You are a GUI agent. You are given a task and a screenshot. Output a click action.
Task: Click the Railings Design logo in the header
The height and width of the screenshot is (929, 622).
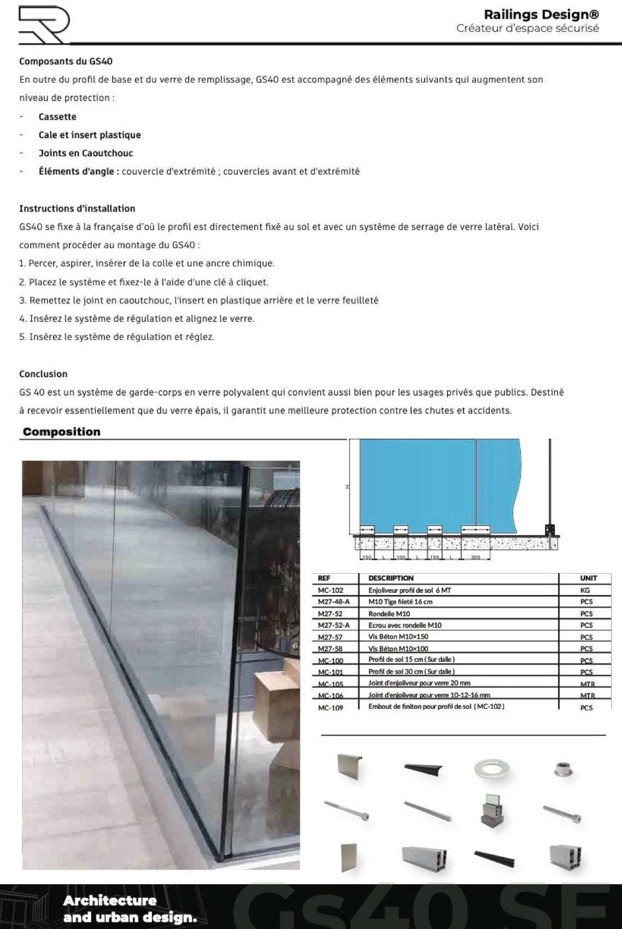(44, 25)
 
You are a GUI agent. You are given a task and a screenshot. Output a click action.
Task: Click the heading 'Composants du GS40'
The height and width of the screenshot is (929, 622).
(66, 61)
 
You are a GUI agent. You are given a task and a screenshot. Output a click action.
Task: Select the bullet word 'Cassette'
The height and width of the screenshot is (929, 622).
(57, 116)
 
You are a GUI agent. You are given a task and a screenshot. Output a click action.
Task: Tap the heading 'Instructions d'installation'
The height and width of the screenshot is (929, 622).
(77, 208)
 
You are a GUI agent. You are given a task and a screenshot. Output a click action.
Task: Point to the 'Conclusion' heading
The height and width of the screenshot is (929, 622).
(43, 374)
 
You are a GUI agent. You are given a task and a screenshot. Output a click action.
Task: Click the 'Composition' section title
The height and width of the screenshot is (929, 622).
(62, 432)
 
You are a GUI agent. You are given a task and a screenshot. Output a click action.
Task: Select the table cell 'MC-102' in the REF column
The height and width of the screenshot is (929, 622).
(331, 590)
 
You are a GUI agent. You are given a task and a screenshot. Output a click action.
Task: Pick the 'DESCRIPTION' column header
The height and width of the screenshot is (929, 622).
(391, 578)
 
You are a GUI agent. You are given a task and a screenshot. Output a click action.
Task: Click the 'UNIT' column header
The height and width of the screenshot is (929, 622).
(589, 578)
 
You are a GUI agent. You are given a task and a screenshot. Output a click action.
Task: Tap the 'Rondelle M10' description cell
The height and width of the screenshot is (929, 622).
(389, 614)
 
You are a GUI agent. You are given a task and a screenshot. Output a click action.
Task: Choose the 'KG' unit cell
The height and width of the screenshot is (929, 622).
(585, 590)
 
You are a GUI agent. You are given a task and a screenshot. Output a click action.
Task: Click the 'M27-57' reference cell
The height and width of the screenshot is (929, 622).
(330, 637)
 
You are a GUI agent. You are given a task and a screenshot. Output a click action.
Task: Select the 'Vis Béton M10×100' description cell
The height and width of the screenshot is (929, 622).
(398, 649)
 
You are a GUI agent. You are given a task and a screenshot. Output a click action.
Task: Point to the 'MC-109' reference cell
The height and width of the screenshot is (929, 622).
(331, 708)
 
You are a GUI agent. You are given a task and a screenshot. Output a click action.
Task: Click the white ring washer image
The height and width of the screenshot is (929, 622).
(492, 769)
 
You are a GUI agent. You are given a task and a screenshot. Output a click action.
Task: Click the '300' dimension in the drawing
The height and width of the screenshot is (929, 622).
(476, 557)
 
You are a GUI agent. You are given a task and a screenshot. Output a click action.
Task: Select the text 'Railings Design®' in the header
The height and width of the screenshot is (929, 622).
(541, 15)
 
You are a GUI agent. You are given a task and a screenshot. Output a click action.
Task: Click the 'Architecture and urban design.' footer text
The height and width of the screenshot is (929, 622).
(130, 909)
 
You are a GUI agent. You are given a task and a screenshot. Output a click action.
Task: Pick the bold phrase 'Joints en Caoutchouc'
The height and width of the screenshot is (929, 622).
(86, 153)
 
